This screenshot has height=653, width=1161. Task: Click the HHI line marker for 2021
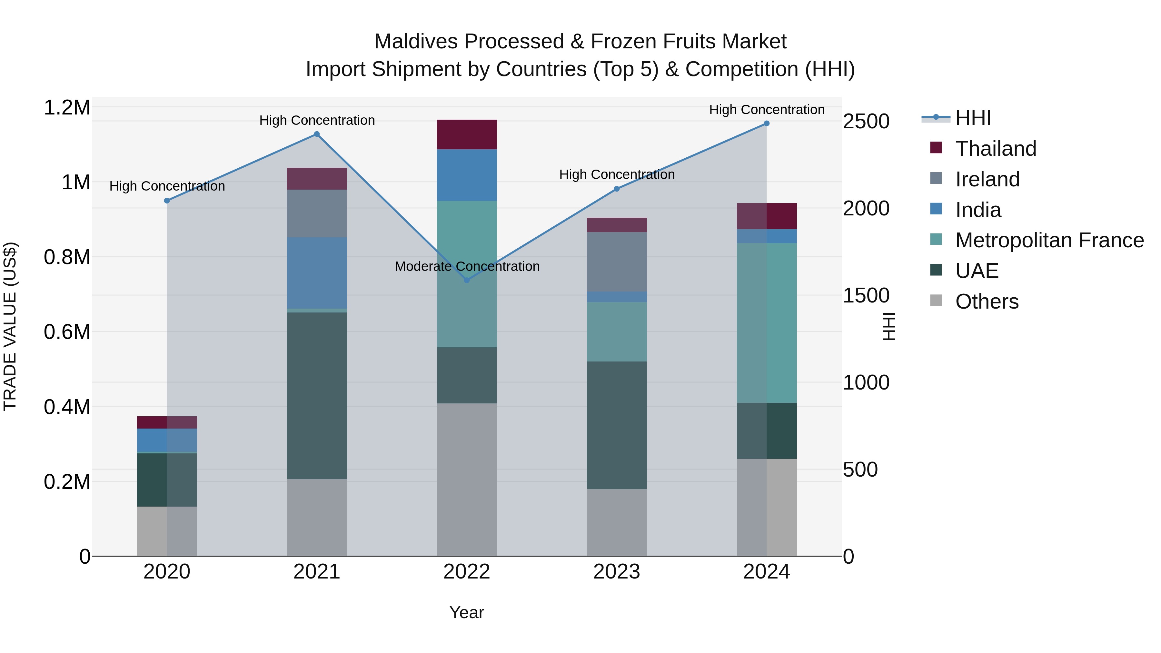(x=317, y=134)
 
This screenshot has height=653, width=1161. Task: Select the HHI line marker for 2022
(x=467, y=280)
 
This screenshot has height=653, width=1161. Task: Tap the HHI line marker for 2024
(x=767, y=124)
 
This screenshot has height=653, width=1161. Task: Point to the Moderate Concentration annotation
(x=467, y=266)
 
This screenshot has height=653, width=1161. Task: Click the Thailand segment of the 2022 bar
(x=467, y=134)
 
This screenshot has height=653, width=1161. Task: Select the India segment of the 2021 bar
(x=317, y=272)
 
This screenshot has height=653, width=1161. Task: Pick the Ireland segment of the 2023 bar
(x=617, y=262)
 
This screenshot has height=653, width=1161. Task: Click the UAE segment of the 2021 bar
(x=317, y=395)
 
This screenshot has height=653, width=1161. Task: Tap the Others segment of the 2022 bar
(x=467, y=479)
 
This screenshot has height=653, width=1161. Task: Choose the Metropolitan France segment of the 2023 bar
(x=617, y=332)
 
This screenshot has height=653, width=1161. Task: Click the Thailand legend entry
(x=996, y=149)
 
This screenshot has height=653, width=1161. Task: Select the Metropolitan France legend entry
(x=1049, y=240)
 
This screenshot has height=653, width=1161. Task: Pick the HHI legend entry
(x=973, y=118)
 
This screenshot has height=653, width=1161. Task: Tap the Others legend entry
(x=987, y=302)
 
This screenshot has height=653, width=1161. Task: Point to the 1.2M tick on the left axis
(x=67, y=108)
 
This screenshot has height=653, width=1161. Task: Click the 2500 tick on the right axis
(x=866, y=121)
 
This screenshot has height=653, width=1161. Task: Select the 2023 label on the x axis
(x=617, y=572)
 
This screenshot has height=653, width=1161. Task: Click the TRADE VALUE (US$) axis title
(x=10, y=326)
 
